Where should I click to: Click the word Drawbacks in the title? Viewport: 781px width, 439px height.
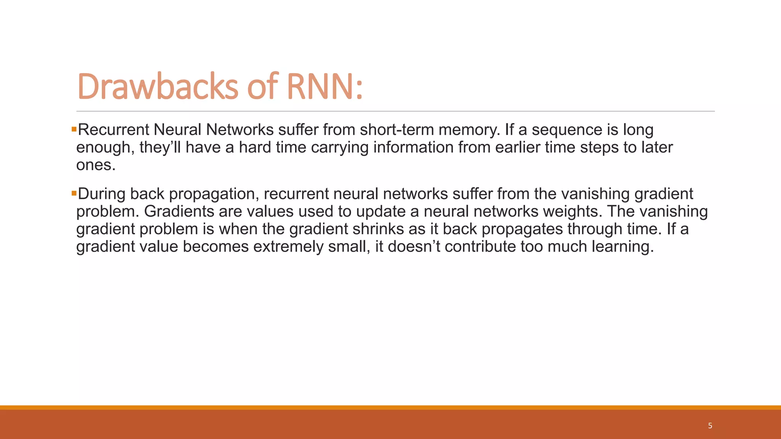pyautogui.click(x=157, y=87)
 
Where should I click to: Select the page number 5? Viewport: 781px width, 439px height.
pyautogui.click(x=710, y=426)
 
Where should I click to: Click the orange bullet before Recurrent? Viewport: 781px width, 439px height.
pyautogui.click(x=74, y=130)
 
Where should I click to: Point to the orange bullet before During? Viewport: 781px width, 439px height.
pyautogui.click(x=74, y=194)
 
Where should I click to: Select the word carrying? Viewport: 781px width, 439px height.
pyautogui.click(x=340, y=147)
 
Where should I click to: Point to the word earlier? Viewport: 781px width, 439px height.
pyautogui.click(x=518, y=147)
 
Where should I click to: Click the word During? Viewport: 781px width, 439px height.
pyautogui.click(x=101, y=194)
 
